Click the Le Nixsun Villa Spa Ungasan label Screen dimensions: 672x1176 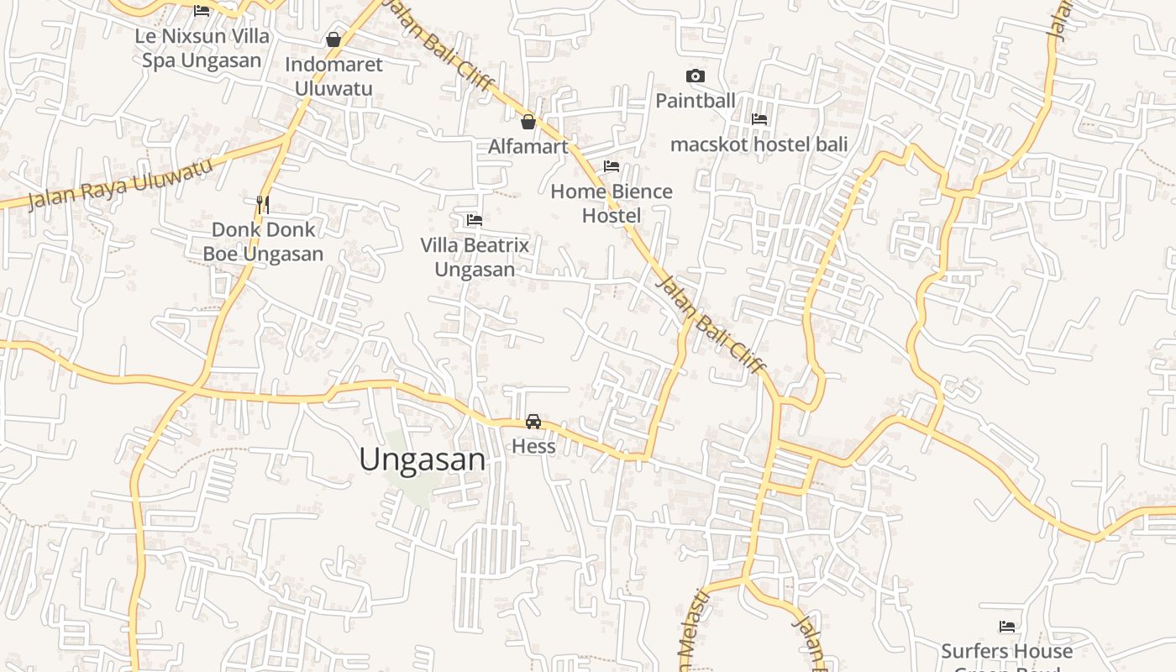tap(202, 48)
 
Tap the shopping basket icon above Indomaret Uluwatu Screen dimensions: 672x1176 tap(333, 39)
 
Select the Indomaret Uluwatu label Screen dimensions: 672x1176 tap(333, 76)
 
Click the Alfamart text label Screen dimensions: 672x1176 tap(528, 146)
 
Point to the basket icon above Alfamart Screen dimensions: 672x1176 tap(528, 122)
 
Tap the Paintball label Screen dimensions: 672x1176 tap(696, 101)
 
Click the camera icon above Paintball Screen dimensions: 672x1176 tap(696, 76)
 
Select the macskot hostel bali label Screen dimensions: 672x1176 tap(759, 144)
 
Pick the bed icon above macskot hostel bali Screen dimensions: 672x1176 tap(759, 119)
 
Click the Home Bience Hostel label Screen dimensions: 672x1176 tap(612, 203)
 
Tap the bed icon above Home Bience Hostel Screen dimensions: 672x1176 tap(612, 166)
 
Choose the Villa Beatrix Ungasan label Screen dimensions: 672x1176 tap(475, 257)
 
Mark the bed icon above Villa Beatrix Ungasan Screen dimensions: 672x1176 tap(475, 220)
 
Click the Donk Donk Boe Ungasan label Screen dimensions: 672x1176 tap(263, 241)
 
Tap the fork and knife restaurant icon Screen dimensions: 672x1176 tap(263, 203)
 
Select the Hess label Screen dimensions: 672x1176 tap(533, 446)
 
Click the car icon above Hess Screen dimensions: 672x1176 tap(533, 422)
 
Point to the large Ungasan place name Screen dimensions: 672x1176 tap(423, 459)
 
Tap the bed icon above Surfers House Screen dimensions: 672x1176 tap(1007, 627)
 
